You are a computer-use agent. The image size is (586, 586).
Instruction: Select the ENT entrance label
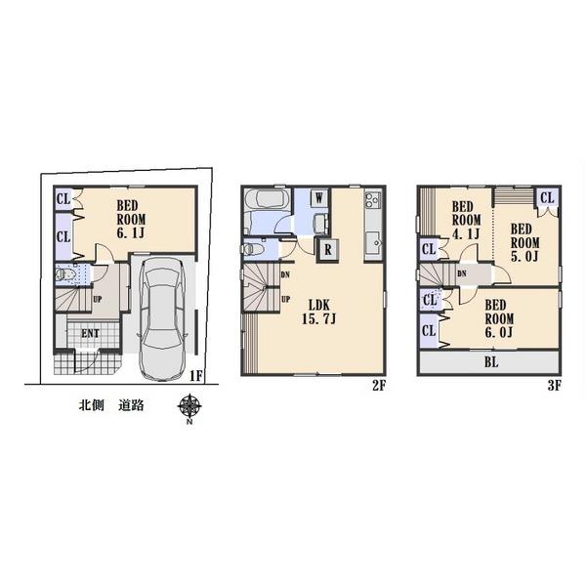coord(90,334)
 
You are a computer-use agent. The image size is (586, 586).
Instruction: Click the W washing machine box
coord(319,196)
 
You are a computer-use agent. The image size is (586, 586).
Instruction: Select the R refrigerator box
coord(327,247)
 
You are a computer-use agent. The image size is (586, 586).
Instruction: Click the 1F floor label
coord(195,375)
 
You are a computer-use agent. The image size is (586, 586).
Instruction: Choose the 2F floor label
coord(379,385)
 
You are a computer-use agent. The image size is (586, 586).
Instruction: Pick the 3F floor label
coord(553,385)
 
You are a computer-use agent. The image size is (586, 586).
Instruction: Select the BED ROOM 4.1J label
coord(462,221)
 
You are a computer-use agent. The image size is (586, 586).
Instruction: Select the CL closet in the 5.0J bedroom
coord(546,198)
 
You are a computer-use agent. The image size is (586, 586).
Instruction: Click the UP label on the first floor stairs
coord(99,301)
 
